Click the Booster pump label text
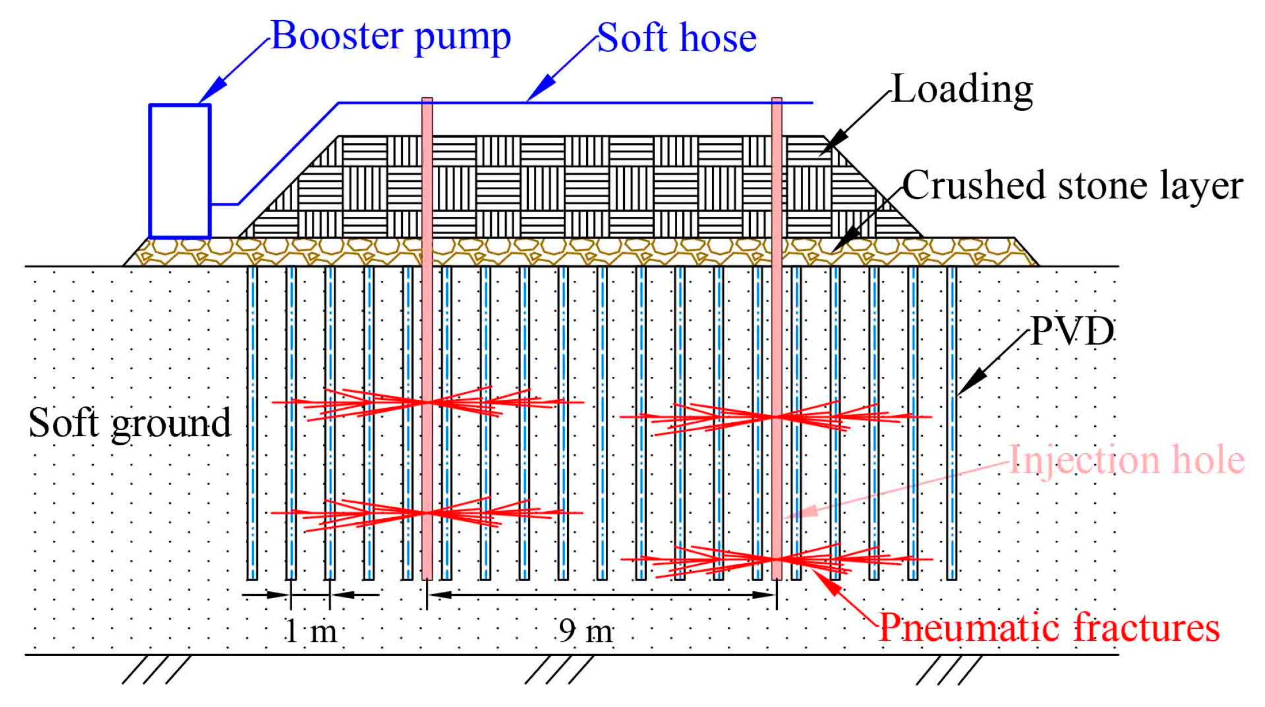(391, 37)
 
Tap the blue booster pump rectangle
(180, 171)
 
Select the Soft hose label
(677, 38)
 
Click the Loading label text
(962, 89)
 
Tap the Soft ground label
(130, 423)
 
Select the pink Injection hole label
(1127, 460)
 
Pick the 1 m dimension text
(311, 631)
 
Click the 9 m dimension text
(586, 631)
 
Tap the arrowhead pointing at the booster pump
(214, 93)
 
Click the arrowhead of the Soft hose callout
(541, 90)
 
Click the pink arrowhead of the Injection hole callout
(804, 511)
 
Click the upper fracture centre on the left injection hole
(428, 402)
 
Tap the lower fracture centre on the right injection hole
(777, 558)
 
